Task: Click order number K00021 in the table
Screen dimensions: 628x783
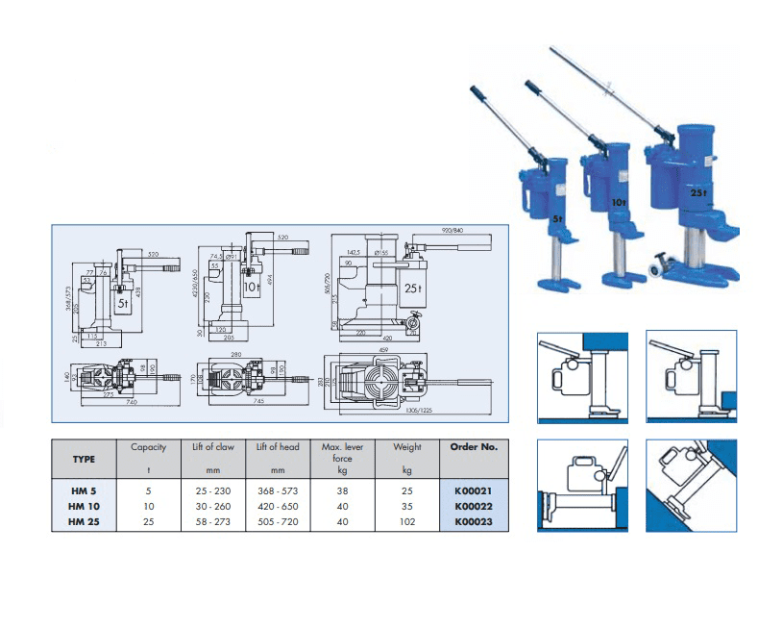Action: point(473,490)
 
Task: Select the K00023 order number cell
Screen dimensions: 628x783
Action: point(473,523)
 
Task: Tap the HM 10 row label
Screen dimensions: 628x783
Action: point(85,507)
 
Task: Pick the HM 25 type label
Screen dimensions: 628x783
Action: point(85,523)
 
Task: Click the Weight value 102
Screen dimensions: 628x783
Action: point(407,523)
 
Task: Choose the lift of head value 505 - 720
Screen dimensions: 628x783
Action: point(278,523)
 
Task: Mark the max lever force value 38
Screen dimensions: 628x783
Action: point(343,490)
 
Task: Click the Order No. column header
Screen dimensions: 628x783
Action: point(473,446)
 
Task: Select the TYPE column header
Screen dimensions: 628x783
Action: point(85,459)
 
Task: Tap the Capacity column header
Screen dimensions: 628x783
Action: point(148,446)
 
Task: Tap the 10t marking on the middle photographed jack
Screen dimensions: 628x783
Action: point(618,203)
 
